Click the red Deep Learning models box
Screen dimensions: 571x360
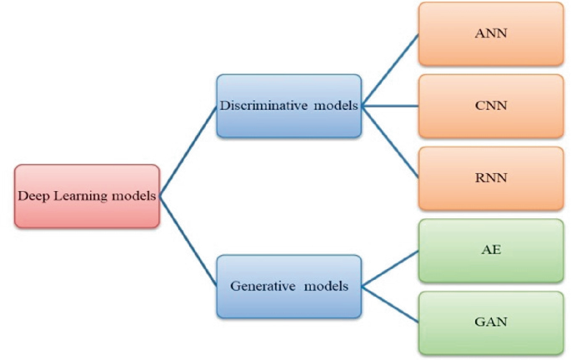(87, 196)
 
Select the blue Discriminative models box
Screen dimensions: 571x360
(288, 106)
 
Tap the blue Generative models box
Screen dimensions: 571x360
(288, 287)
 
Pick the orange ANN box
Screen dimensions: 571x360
(491, 34)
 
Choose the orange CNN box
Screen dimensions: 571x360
(491, 106)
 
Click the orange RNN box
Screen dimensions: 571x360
(491, 178)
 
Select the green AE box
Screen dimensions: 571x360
(491, 251)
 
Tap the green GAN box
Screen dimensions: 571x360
(491, 322)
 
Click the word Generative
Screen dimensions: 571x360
(263, 286)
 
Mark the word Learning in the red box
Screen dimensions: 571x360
(81, 197)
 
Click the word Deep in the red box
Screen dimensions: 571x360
(34, 197)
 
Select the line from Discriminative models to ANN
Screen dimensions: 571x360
(390, 70)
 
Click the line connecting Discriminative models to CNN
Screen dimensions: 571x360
(390, 106)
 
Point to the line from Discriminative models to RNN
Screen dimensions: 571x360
(390, 142)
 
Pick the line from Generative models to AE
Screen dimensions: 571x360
(390, 268)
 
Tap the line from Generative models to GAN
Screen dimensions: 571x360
(390, 305)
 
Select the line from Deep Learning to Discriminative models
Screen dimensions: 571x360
(188, 151)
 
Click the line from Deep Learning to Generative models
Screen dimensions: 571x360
(188, 242)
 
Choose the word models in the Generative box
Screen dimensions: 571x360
(326, 286)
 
